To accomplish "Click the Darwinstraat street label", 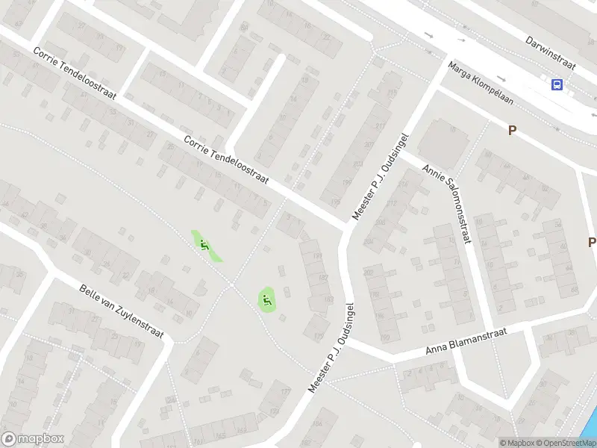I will (x=551, y=52).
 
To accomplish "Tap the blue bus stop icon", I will (x=557, y=84).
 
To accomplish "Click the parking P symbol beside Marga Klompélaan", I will (x=512, y=130).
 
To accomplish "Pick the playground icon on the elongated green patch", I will (x=204, y=244).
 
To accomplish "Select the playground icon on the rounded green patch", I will (x=266, y=300).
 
